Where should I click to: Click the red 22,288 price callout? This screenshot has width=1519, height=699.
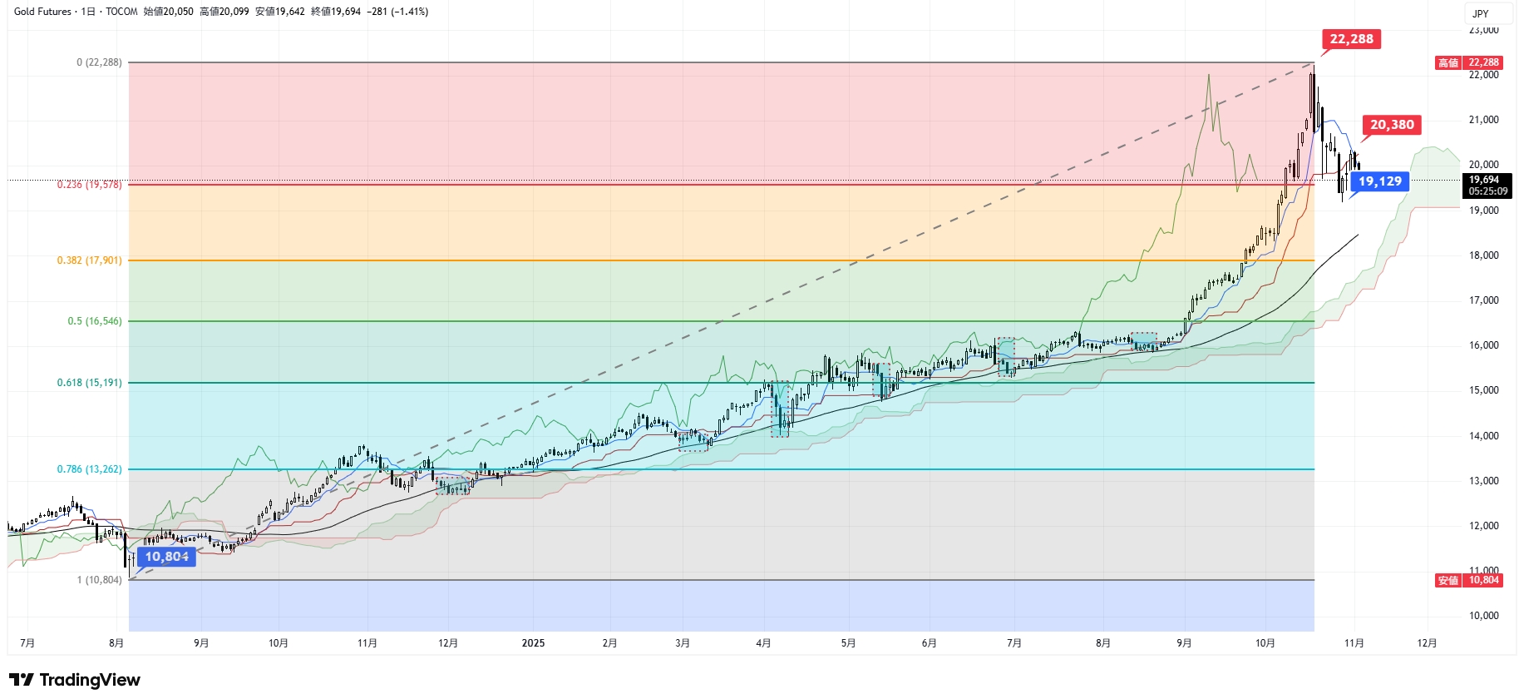[x=1351, y=39]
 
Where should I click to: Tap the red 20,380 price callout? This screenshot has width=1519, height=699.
[x=1392, y=125]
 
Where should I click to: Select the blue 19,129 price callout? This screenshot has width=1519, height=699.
[x=1379, y=181]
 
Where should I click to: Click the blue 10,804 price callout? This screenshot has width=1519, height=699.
[x=166, y=557]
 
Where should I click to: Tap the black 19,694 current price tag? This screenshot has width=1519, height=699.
[x=1487, y=186]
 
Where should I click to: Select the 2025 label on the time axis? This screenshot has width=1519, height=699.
[x=533, y=643]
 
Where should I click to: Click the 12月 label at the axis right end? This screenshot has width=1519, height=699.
[x=1427, y=643]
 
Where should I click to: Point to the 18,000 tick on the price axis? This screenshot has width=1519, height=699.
[x=1483, y=255]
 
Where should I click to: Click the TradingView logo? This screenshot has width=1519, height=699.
[x=75, y=680]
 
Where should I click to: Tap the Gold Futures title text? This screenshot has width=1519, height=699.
[x=42, y=12]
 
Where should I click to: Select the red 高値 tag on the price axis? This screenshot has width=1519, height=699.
[x=1448, y=62]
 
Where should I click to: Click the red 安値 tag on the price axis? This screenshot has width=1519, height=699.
[x=1448, y=580]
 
